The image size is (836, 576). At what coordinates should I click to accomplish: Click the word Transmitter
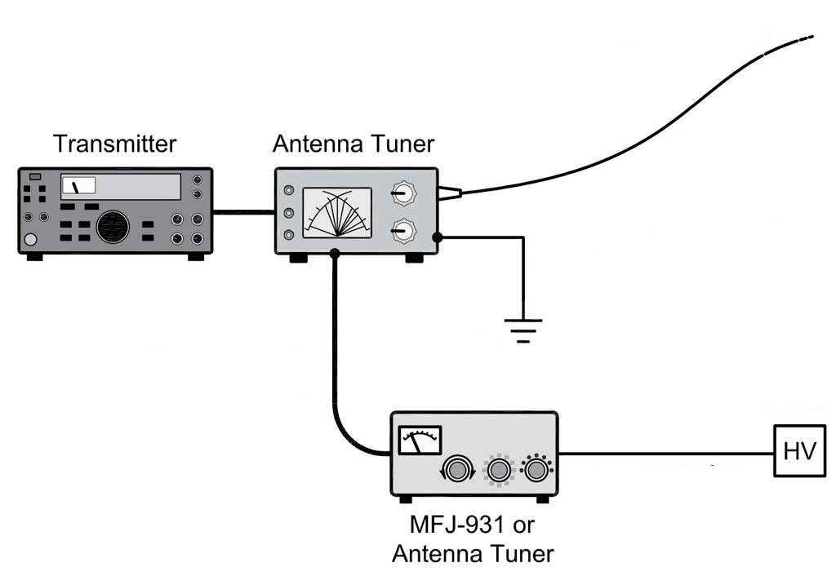[x=114, y=144]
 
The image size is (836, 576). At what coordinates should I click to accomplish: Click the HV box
[x=799, y=450]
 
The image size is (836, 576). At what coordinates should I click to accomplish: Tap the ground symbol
[x=523, y=330]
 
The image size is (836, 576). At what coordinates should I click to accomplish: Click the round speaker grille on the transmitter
[x=113, y=227]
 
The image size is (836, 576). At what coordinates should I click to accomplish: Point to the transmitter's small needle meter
[x=78, y=185]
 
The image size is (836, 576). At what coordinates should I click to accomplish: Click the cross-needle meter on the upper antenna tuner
[x=337, y=213]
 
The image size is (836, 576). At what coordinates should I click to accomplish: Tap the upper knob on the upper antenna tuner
[x=404, y=193]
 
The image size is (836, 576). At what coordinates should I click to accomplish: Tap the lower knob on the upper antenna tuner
[x=404, y=230]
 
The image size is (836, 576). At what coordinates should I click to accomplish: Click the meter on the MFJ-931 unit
[x=420, y=440]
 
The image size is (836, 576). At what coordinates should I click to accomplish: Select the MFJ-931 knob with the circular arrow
[x=457, y=469]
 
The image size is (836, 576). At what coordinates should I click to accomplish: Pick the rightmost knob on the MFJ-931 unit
[x=536, y=469]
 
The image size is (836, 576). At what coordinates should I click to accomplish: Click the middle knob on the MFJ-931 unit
[x=499, y=470]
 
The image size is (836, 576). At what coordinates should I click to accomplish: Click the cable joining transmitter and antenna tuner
[x=243, y=211]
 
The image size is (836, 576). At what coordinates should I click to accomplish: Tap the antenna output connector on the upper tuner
[x=450, y=193]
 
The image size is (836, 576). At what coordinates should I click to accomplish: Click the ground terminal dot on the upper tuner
[x=438, y=237]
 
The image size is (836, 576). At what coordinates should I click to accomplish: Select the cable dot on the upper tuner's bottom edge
[x=335, y=254]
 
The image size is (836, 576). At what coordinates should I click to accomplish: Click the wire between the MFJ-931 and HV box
[x=666, y=454]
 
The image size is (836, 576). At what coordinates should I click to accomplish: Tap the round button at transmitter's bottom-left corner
[x=31, y=240]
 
